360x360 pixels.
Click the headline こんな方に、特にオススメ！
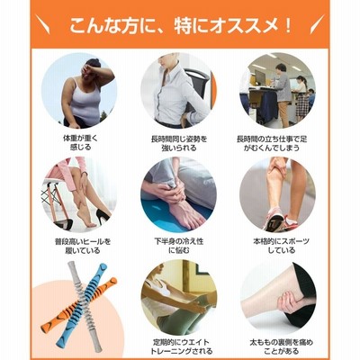[x=180, y=26]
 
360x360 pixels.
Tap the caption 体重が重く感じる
[x=80, y=143]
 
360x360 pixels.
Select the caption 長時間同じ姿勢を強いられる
[x=179, y=143]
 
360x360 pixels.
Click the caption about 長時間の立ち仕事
[x=272, y=143]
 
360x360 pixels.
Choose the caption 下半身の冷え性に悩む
[x=179, y=246]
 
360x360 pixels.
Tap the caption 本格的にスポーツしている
[x=277, y=246]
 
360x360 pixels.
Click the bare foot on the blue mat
[x=185, y=210]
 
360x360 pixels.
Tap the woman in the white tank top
[x=83, y=93]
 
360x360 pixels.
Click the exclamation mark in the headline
[x=287, y=26]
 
